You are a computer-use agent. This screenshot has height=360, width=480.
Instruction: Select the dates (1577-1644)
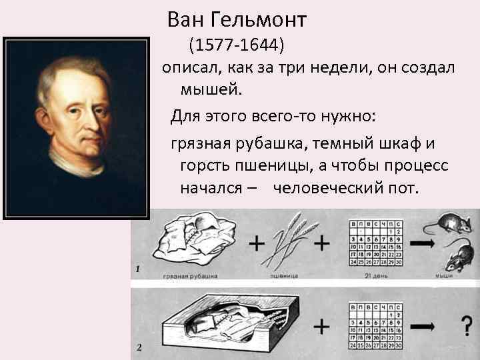236,46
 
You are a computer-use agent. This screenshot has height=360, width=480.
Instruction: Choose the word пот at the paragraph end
400,188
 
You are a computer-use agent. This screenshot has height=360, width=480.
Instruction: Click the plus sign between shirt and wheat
255,244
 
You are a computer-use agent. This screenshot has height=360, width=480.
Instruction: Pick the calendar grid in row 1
375,242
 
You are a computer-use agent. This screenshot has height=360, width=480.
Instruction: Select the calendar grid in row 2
375,324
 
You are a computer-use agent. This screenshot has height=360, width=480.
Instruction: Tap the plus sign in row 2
322,327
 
